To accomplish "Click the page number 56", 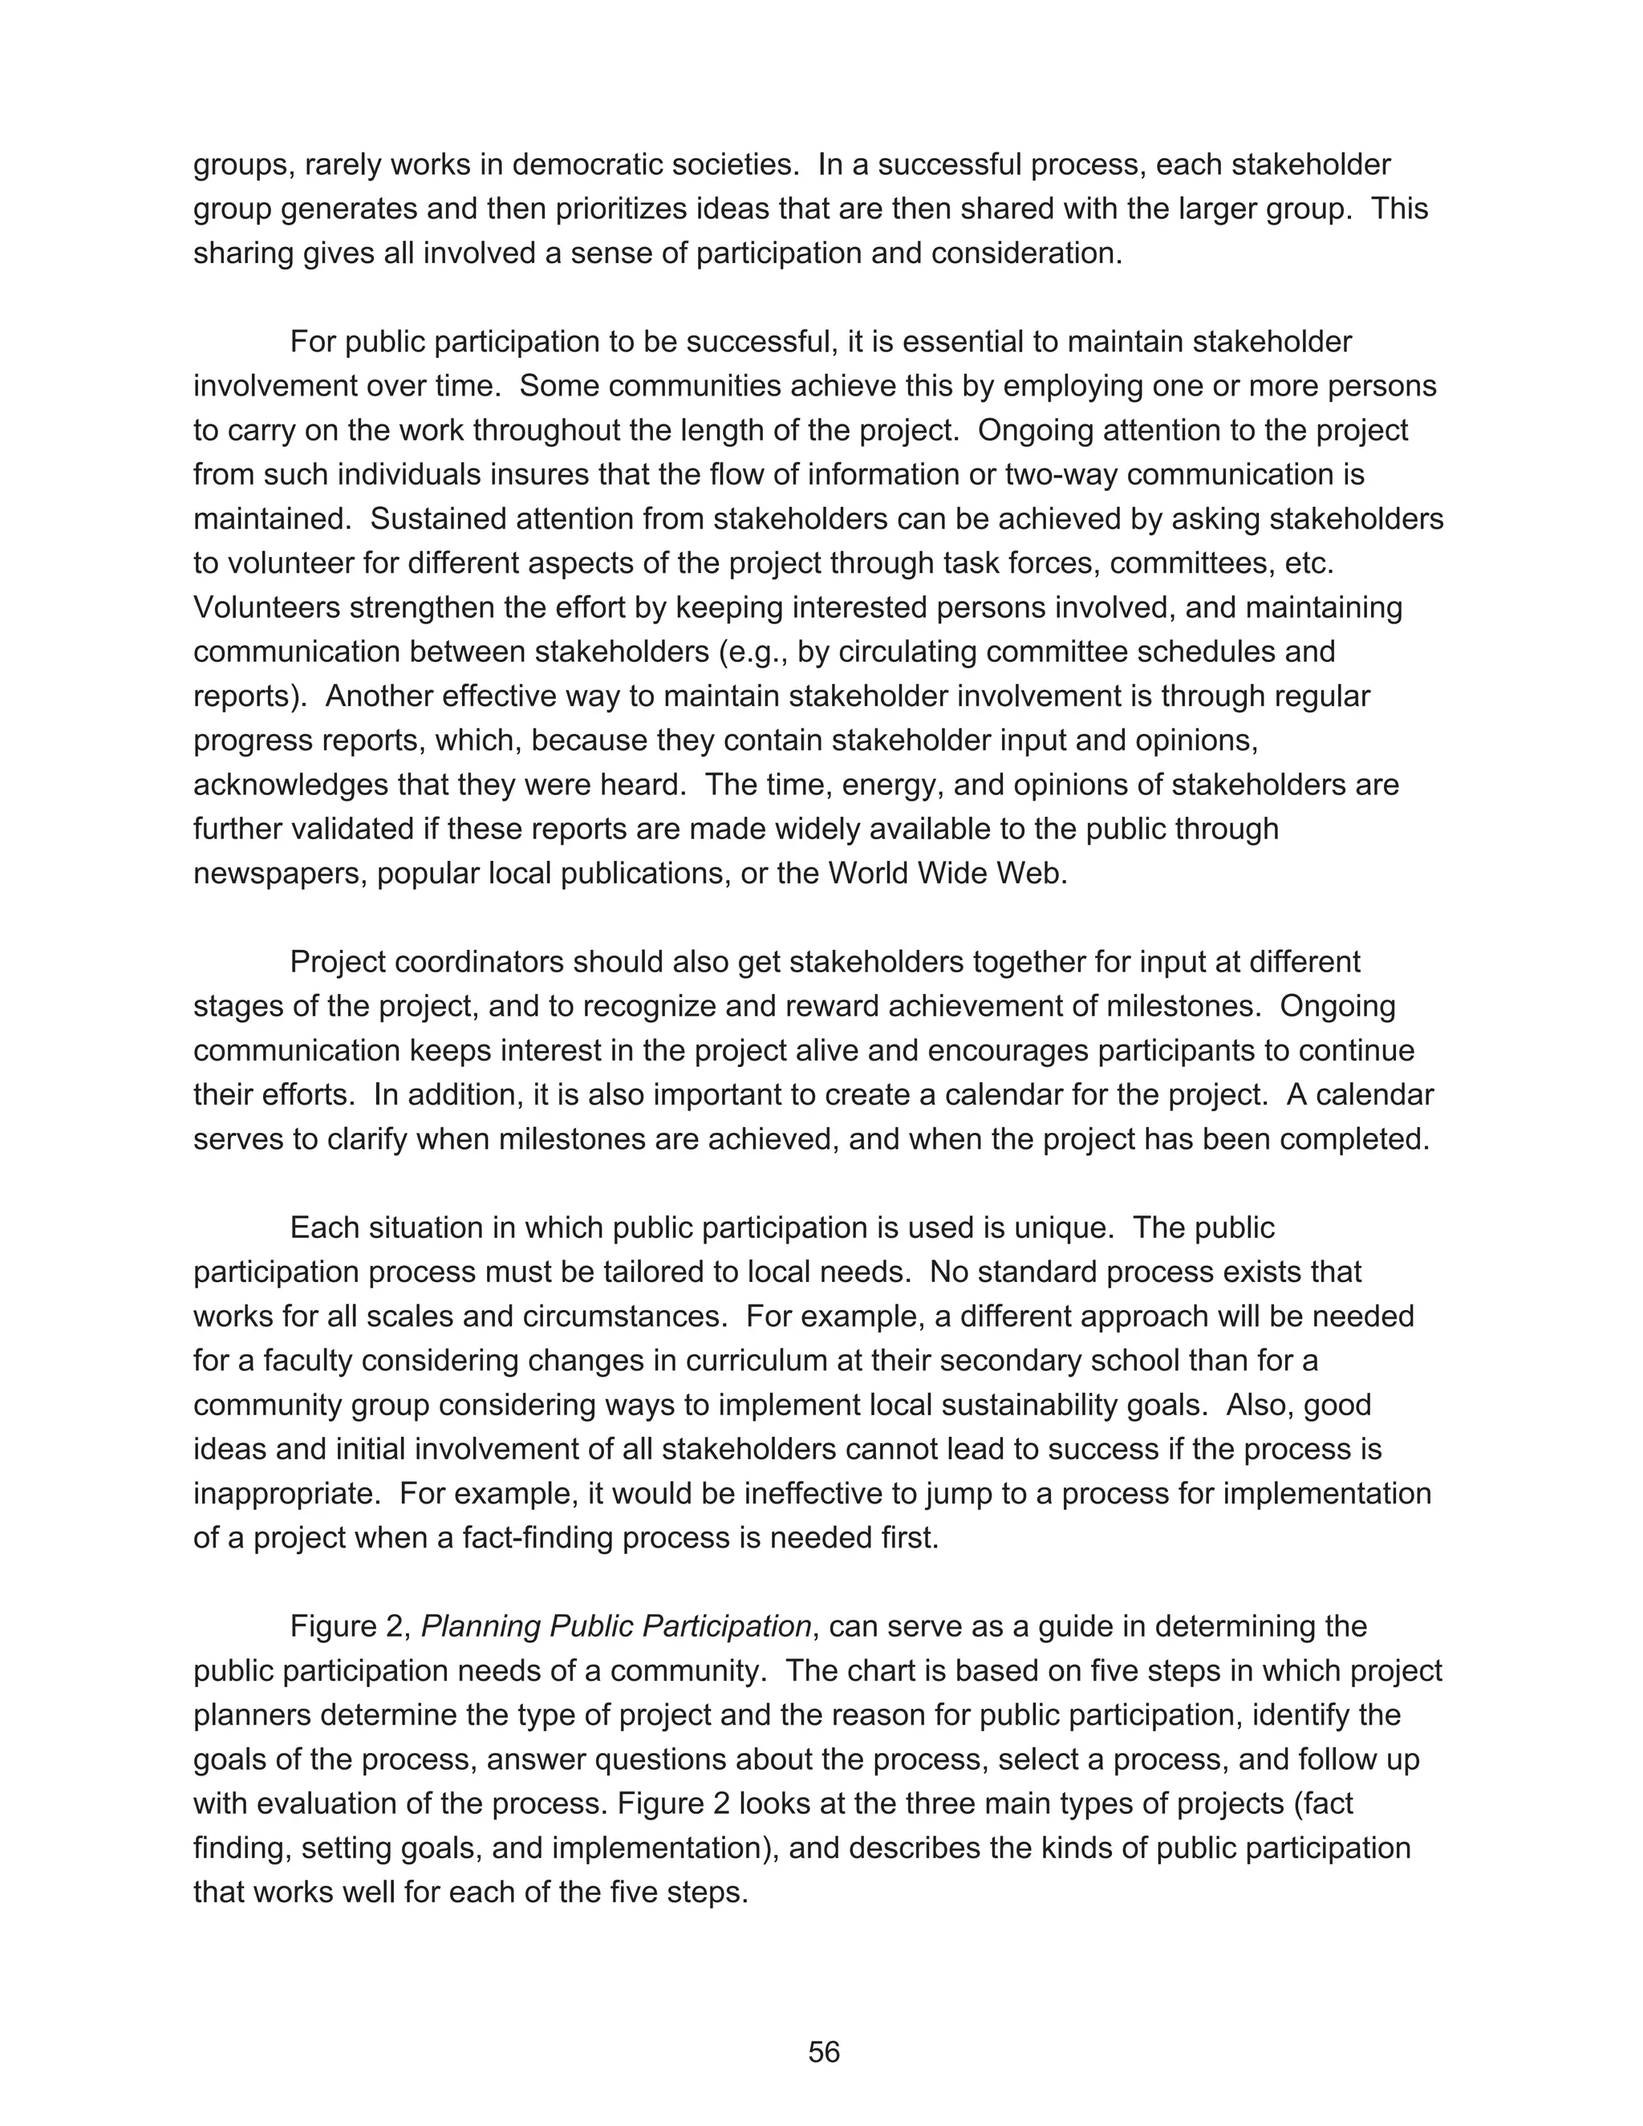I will pyautogui.click(x=822, y=2052).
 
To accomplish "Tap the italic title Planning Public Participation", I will pyautogui.click(x=615, y=1627).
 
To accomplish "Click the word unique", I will pyautogui.click(x=1063, y=1227).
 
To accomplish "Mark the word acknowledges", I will pyautogui.click(x=286, y=785).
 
